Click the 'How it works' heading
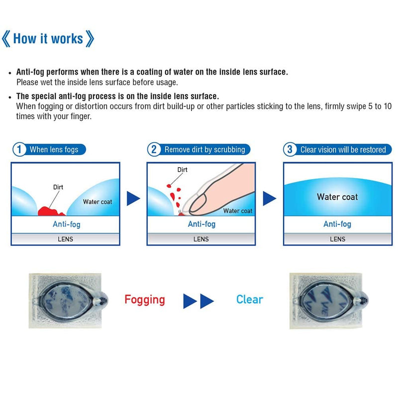tap(48, 39)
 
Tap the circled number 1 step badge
tap(19, 150)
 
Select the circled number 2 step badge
tap(154, 150)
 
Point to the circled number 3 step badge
tap(290, 150)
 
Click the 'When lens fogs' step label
tap(54, 150)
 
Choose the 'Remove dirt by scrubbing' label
tap(205, 150)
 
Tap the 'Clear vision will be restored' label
tap(343, 150)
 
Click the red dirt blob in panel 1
tap(49, 211)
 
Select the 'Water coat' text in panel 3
tap(337, 197)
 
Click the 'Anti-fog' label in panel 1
tap(67, 224)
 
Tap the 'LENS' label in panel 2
tap(201, 239)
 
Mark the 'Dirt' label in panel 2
tap(182, 170)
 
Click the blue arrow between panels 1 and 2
tap(133, 199)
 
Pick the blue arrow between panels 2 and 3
tap(269, 199)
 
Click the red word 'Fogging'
tap(145, 300)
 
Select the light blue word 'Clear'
tap(250, 299)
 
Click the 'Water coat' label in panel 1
tap(98, 202)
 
